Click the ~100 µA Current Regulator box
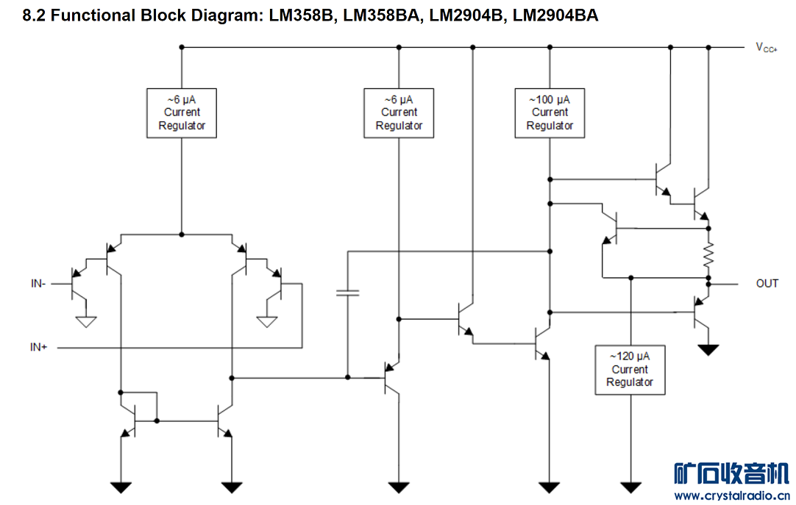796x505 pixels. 550,112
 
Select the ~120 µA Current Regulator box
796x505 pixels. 630,370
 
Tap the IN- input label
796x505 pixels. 38,283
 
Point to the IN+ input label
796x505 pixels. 38,347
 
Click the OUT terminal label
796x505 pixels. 767,283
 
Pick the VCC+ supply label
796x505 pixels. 766,48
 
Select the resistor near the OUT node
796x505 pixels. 708,255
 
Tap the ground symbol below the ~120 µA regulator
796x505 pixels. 630,487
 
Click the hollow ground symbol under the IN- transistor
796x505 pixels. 87,321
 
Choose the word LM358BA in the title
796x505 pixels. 377,15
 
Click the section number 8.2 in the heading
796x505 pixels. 35,15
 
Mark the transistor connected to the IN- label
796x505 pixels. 77,283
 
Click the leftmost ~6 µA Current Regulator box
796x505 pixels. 182,112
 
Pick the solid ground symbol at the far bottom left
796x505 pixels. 121,487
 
